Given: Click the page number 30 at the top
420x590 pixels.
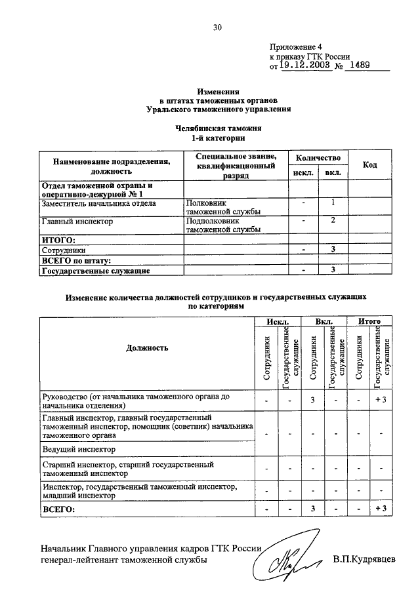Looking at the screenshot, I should tap(217, 27).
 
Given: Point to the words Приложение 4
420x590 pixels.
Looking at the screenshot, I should tap(296, 47).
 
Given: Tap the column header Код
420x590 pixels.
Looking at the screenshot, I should tap(369, 165).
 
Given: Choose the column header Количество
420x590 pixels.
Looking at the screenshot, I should tap(317, 157).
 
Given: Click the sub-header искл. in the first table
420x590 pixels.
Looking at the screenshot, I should tap(303, 172).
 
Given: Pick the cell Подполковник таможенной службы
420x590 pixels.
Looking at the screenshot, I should tap(223, 226).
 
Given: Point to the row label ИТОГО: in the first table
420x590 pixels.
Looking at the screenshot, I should tap(58, 241).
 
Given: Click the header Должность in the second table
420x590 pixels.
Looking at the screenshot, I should tap(148, 347).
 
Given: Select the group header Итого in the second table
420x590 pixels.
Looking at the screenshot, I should tap(369, 322).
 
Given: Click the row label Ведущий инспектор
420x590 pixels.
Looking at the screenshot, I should tap(79, 449).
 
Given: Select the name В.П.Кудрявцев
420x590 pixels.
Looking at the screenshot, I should tap(364, 560).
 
